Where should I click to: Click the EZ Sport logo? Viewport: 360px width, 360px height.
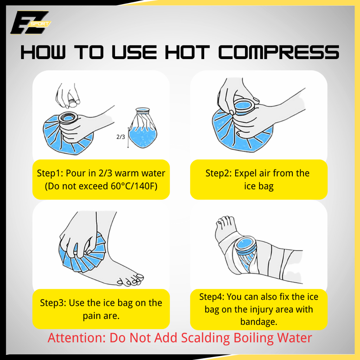pos(30,22)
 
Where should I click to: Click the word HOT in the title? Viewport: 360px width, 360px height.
pos(187,52)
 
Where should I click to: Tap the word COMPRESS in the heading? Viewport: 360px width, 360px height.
pos(278,52)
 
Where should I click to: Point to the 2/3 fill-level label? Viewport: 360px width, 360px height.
pos(121,137)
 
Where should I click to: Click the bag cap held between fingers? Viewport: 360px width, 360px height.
pos(73,103)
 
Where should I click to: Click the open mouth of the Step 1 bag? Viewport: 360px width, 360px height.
pos(68,118)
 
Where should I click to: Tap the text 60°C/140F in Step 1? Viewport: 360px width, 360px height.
pos(134,186)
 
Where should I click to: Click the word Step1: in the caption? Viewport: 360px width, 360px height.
pos(50,173)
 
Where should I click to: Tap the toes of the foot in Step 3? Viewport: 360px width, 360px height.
pos(130,280)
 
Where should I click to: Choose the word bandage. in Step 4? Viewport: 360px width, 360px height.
pos(259,322)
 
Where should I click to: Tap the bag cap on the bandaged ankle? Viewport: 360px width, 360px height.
pos(245,246)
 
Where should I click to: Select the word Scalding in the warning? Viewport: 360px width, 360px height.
pos(205,338)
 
